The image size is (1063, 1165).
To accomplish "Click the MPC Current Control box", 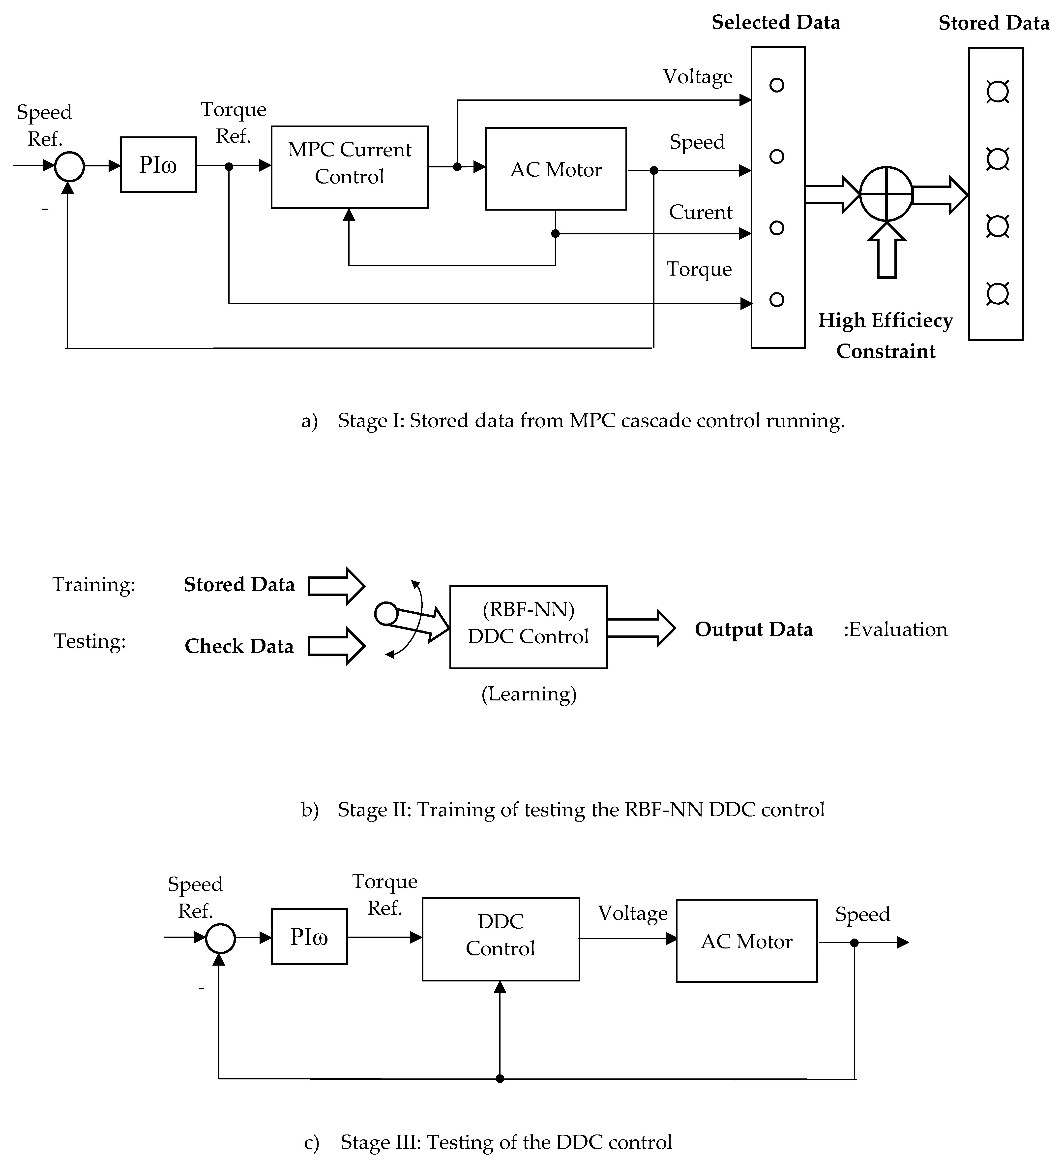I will (350, 167).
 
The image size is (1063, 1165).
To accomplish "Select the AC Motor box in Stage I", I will (556, 169).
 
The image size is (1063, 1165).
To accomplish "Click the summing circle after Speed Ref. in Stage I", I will (69, 166).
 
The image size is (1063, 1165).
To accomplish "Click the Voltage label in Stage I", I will (697, 76).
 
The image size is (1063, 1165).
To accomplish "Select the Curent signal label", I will (700, 212).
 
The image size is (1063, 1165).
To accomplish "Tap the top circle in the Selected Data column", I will (777, 85).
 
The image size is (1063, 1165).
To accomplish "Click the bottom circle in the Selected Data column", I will (777, 299).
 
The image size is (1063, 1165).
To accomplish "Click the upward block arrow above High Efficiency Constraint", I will (887, 250).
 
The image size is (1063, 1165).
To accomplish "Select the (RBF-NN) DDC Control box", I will (528, 627).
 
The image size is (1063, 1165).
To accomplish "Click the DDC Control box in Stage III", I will (500, 939).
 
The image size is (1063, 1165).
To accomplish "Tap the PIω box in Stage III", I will (309, 937).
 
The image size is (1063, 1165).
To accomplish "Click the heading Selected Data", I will (775, 23).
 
